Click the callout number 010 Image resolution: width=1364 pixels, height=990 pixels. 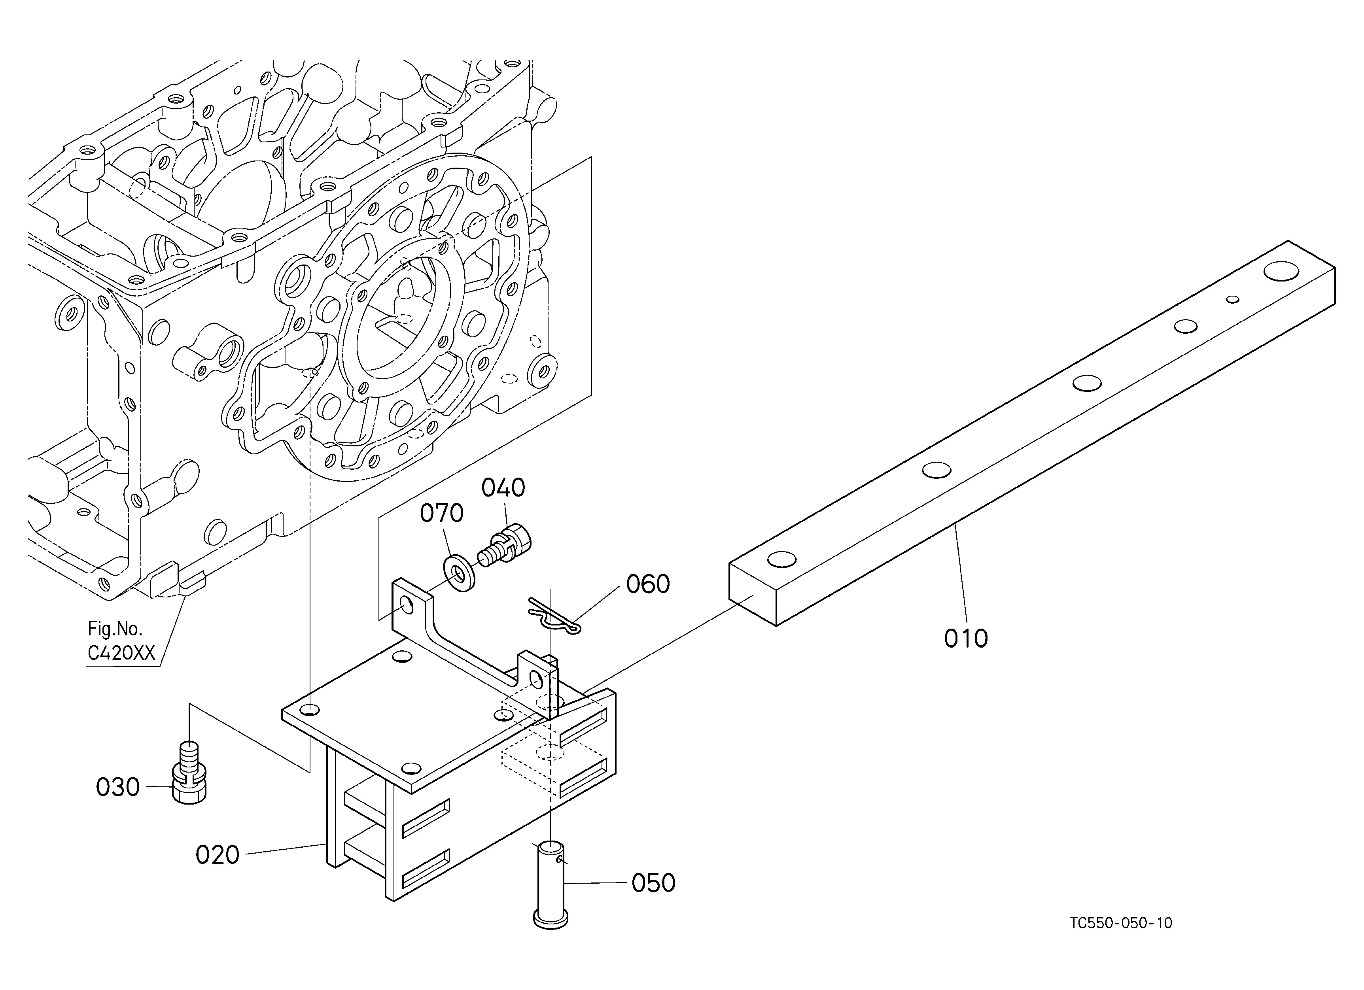(965, 639)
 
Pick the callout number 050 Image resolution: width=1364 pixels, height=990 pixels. (653, 883)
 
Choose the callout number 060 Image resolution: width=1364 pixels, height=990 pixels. (648, 584)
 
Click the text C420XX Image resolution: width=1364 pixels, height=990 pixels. (121, 654)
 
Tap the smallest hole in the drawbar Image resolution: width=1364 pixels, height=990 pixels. (1233, 299)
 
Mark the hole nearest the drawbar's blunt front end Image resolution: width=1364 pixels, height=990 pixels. (782, 559)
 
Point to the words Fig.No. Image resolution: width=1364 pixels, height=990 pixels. (115, 629)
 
